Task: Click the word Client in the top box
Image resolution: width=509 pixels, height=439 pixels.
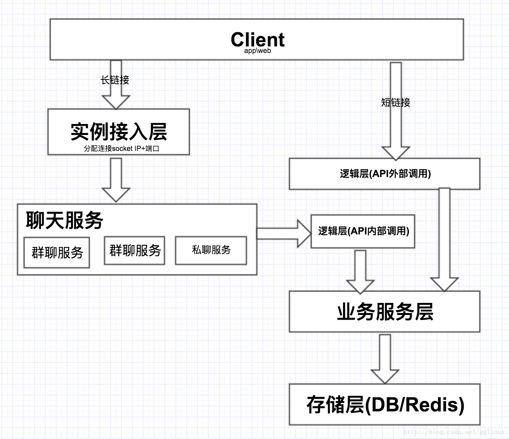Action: pyautogui.click(x=257, y=39)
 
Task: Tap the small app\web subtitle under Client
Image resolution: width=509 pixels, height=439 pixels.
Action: pyautogui.click(x=257, y=51)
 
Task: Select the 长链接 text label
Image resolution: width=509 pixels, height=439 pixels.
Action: pyautogui.click(x=115, y=80)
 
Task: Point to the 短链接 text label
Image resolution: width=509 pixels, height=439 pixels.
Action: pyautogui.click(x=396, y=103)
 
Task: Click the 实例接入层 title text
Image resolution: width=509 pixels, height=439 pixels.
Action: pyautogui.click(x=119, y=131)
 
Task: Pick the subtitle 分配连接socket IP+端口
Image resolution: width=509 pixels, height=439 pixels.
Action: pyautogui.click(x=121, y=148)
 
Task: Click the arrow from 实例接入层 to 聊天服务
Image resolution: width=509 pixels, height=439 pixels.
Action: pyautogui.click(x=116, y=180)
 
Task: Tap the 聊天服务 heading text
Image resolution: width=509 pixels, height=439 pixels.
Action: pyautogui.click(x=65, y=220)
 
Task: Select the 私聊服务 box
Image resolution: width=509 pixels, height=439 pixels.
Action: pyautogui.click(x=211, y=250)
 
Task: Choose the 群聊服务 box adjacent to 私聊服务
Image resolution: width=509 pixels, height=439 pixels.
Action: pyautogui.click(x=135, y=250)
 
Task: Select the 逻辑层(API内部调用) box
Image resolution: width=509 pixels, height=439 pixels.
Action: pyautogui.click(x=363, y=231)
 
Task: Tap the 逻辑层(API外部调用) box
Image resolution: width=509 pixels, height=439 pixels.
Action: pyautogui.click(x=384, y=174)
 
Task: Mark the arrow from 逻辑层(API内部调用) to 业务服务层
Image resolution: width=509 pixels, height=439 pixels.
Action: pyautogui.click(x=360, y=270)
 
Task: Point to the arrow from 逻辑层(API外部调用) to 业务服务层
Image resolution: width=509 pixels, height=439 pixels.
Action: pyautogui.click(x=444, y=239)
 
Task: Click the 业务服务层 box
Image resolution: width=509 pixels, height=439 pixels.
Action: pyautogui.click(x=384, y=312)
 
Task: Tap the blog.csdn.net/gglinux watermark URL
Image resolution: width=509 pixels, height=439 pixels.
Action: pyautogui.click(x=454, y=432)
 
